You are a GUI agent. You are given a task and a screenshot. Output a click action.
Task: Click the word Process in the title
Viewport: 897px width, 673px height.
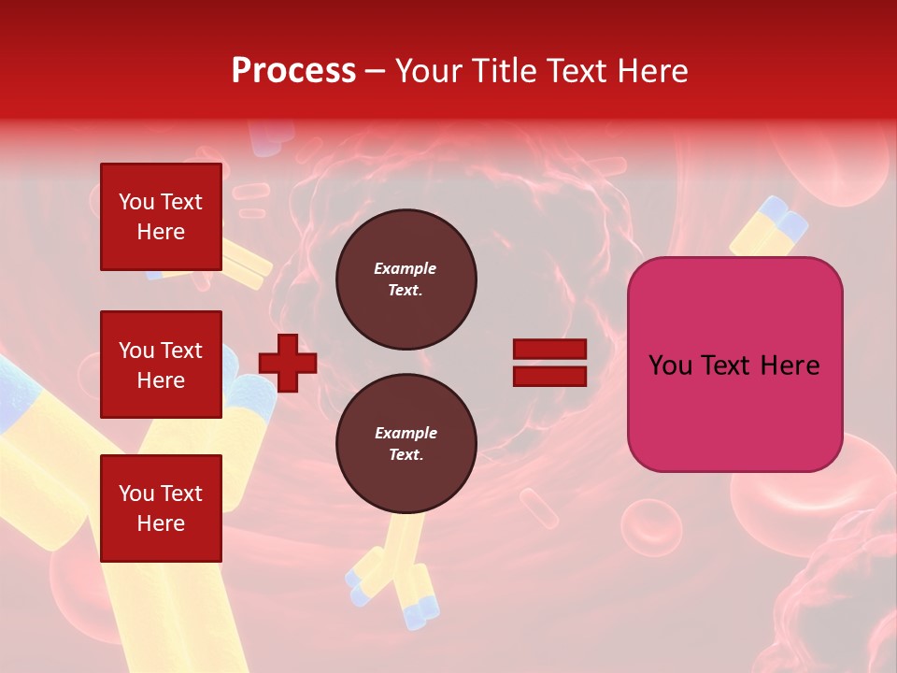293,71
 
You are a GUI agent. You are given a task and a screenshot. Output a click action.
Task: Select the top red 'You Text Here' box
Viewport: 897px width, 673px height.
161,217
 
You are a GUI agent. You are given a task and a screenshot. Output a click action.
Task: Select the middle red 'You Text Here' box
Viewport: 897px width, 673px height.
161,365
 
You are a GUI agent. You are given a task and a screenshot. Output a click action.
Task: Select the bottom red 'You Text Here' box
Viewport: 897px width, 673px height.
161,508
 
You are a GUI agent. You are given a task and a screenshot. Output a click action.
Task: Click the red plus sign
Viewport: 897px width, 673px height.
288,363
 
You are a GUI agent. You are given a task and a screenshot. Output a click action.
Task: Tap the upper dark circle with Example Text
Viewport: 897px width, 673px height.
406,279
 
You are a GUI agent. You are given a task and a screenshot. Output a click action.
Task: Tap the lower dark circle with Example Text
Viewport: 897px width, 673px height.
406,444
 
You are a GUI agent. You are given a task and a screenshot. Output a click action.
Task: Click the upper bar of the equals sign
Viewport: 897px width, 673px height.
549,350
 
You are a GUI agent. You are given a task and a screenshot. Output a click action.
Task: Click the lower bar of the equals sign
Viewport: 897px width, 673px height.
549,376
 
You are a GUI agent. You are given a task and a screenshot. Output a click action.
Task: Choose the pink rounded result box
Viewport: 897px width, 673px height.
734,365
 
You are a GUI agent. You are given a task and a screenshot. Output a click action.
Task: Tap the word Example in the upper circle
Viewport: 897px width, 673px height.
406,268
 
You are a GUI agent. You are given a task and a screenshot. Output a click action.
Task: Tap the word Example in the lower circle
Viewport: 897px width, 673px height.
406,433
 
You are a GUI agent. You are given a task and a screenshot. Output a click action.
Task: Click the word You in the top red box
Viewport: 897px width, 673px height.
136,202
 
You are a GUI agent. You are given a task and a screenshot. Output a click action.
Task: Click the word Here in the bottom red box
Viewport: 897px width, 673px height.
161,523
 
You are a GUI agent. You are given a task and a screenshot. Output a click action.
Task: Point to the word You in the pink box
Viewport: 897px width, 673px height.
671,365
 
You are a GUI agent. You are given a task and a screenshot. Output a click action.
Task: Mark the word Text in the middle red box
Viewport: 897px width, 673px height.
180,351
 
